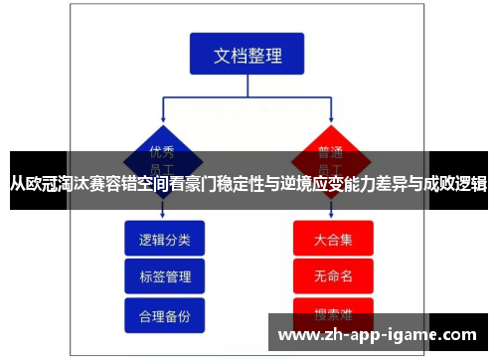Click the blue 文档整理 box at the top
248,56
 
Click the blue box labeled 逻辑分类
164,240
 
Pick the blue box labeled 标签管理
164,276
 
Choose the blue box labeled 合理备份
164,314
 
